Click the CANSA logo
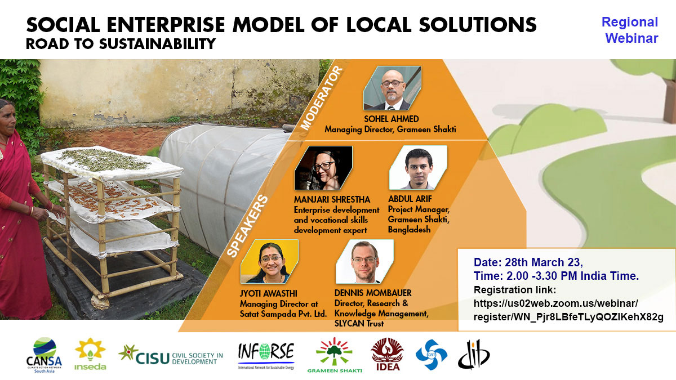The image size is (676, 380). tap(44, 355)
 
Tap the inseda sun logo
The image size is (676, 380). tap(90, 354)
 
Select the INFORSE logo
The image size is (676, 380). tap(266, 356)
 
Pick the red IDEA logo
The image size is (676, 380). tap(388, 354)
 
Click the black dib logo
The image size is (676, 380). tap(474, 354)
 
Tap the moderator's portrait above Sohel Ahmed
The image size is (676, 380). tap(392, 88)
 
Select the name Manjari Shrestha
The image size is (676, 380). tap(332, 200)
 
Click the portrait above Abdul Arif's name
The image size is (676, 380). tap(418, 168)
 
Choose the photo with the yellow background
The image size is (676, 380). tap(269, 261)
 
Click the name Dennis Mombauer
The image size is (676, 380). tap(373, 293)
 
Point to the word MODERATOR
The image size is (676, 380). tap(322, 98)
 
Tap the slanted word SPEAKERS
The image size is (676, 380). tap(247, 226)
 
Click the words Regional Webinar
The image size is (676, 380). tap(630, 30)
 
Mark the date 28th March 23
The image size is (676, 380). tap(544, 262)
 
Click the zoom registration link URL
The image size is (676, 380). tap(568, 310)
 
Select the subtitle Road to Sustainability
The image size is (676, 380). tap(121, 44)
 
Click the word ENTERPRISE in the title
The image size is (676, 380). tap(166, 24)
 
